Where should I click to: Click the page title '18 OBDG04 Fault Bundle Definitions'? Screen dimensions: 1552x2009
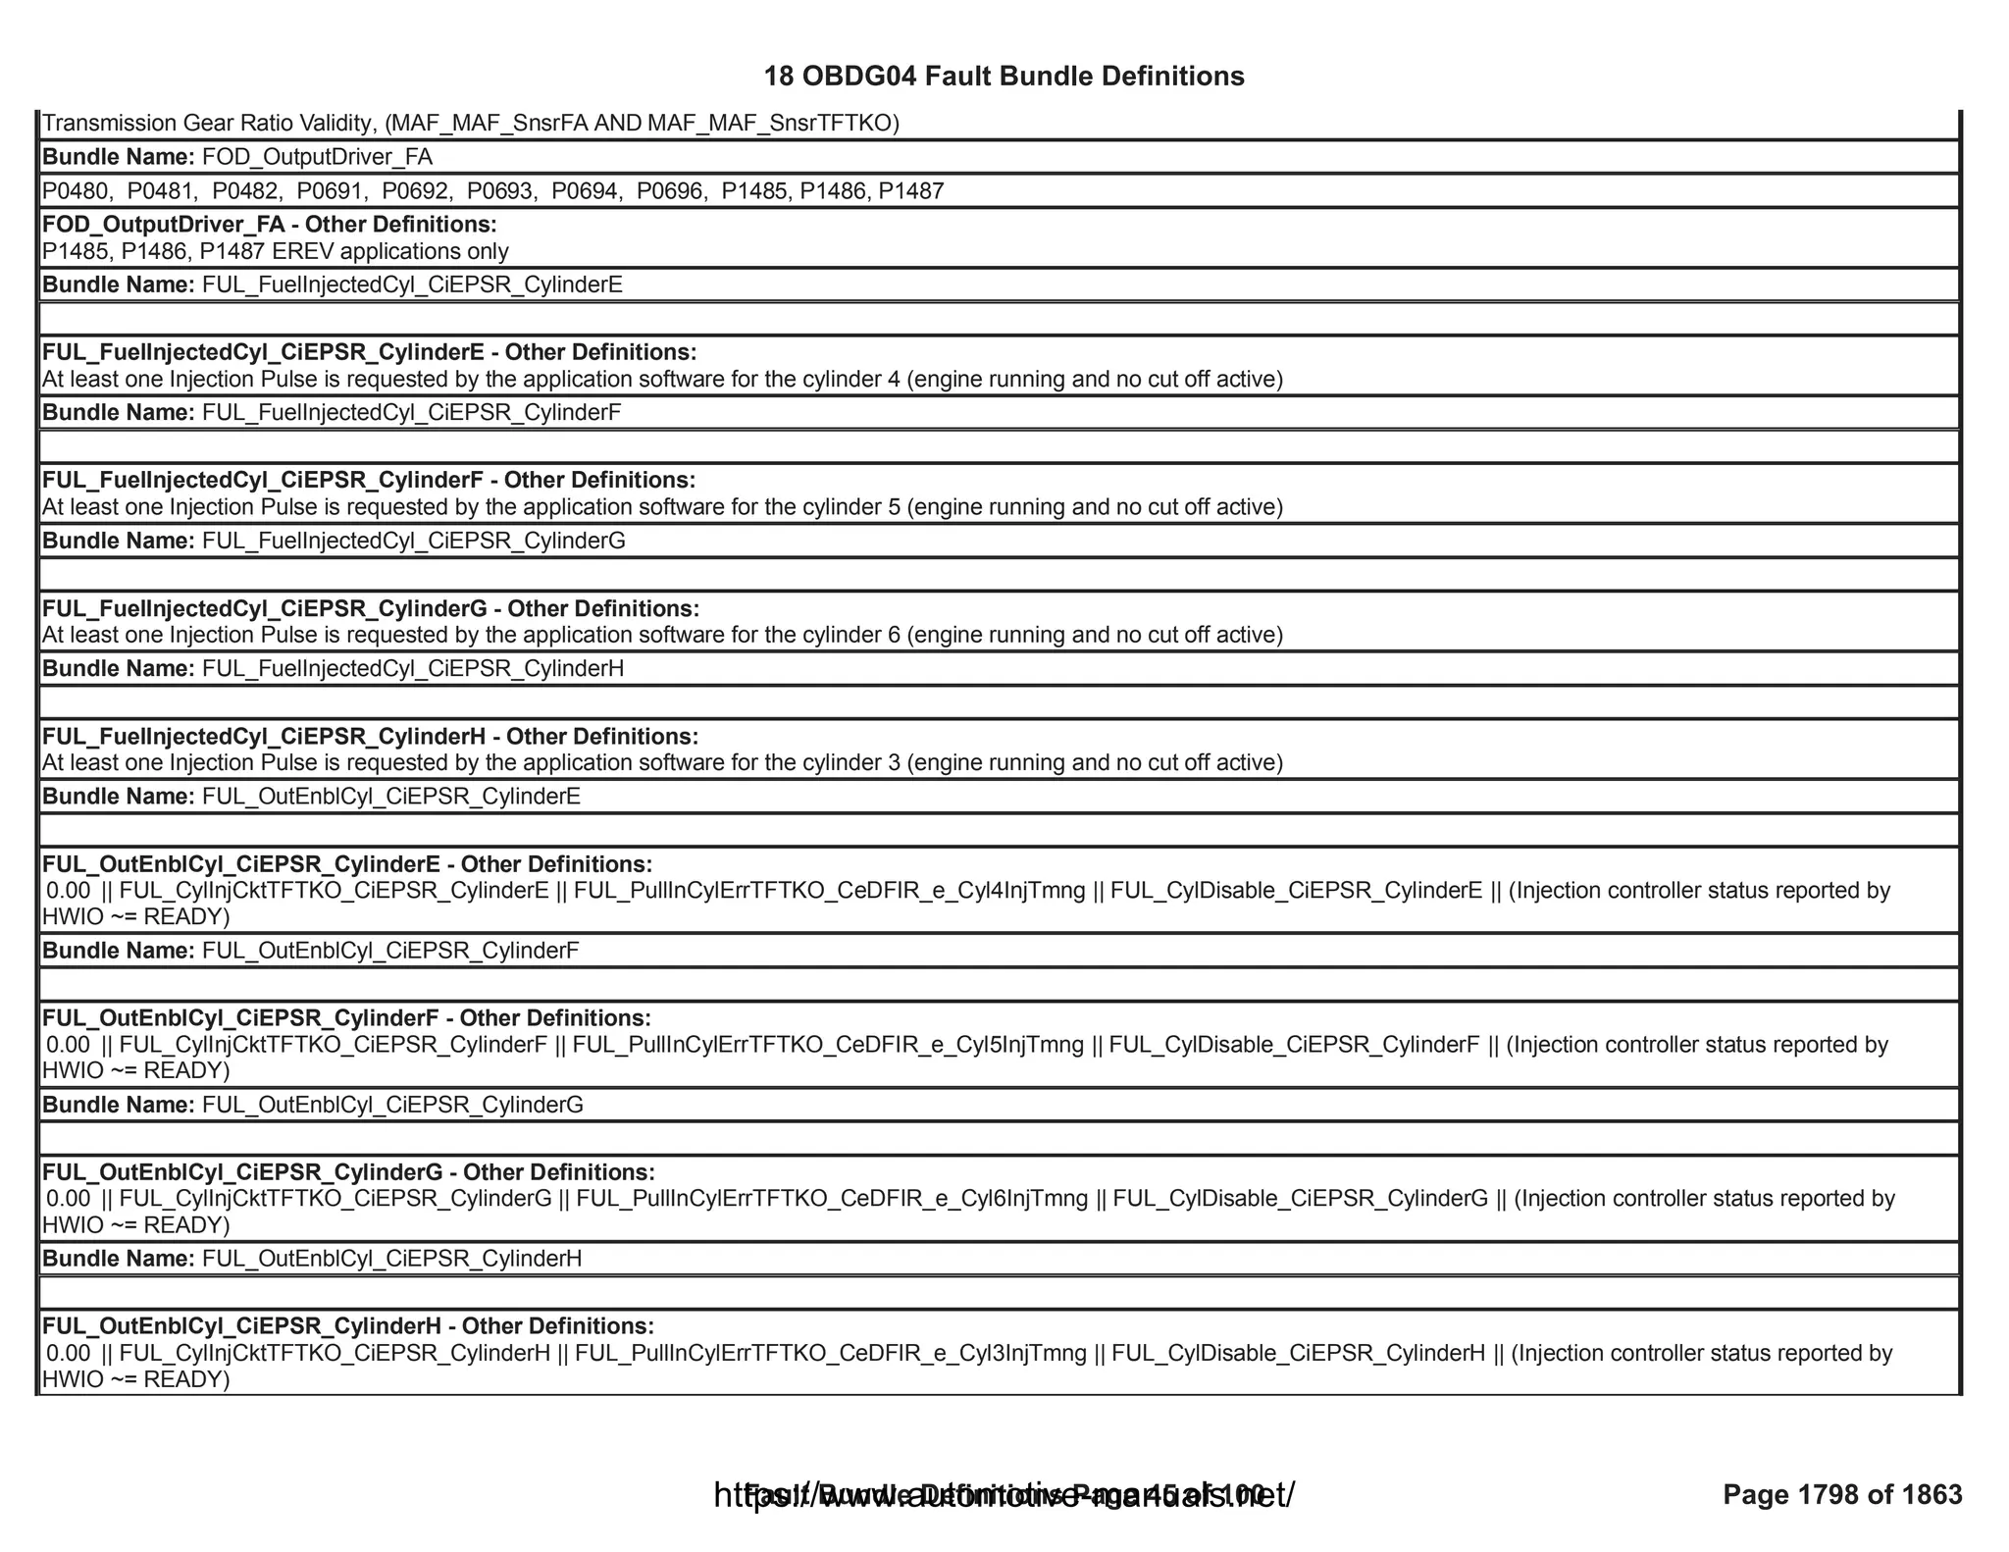tap(1004, 77)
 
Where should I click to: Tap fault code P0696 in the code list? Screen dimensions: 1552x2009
tap(671, 191)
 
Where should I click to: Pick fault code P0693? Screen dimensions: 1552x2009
tap(501, 191)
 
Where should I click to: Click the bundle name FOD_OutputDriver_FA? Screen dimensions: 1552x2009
tap(317, 157)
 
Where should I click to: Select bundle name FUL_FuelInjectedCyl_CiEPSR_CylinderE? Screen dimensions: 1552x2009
tap(412, 285)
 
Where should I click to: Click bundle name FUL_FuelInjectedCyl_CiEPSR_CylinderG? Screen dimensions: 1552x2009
tap(413, 541)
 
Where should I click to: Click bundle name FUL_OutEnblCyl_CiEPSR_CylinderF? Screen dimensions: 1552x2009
tap(390, 951)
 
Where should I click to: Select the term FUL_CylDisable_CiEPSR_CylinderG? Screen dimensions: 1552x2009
tap(1300, 1199)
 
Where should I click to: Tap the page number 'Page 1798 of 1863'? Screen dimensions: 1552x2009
tap(1842, 1494)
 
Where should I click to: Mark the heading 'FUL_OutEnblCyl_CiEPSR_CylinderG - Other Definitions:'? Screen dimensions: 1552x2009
tap(348, 1172)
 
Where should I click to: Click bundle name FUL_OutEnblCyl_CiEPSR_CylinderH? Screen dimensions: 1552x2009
tap(391, 1259)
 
